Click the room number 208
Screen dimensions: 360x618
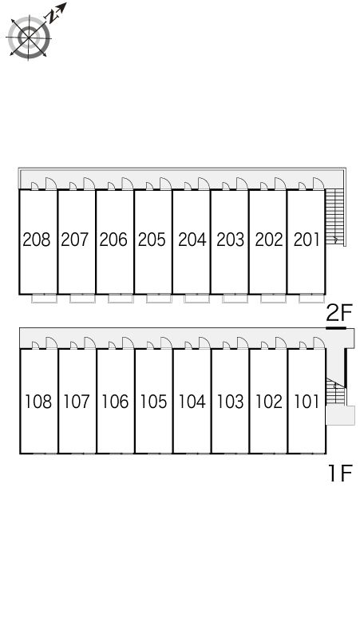37,240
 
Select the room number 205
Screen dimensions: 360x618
152,240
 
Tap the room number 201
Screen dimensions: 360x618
307,240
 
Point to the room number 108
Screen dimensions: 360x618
38,402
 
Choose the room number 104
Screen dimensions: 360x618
192,402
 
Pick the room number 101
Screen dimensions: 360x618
307,402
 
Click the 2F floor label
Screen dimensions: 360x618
338,314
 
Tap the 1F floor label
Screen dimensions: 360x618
340,473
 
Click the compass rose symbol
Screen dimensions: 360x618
29,38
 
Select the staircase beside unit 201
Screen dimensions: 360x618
334,217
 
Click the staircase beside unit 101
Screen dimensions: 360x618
335,391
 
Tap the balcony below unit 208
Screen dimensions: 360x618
44,299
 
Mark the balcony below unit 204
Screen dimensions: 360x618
197,299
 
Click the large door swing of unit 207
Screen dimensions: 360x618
89,184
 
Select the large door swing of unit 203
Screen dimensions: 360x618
242,184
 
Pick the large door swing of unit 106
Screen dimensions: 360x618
128,343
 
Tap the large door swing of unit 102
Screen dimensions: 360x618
281,343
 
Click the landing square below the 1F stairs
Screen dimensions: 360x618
340,415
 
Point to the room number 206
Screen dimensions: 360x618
113,240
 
